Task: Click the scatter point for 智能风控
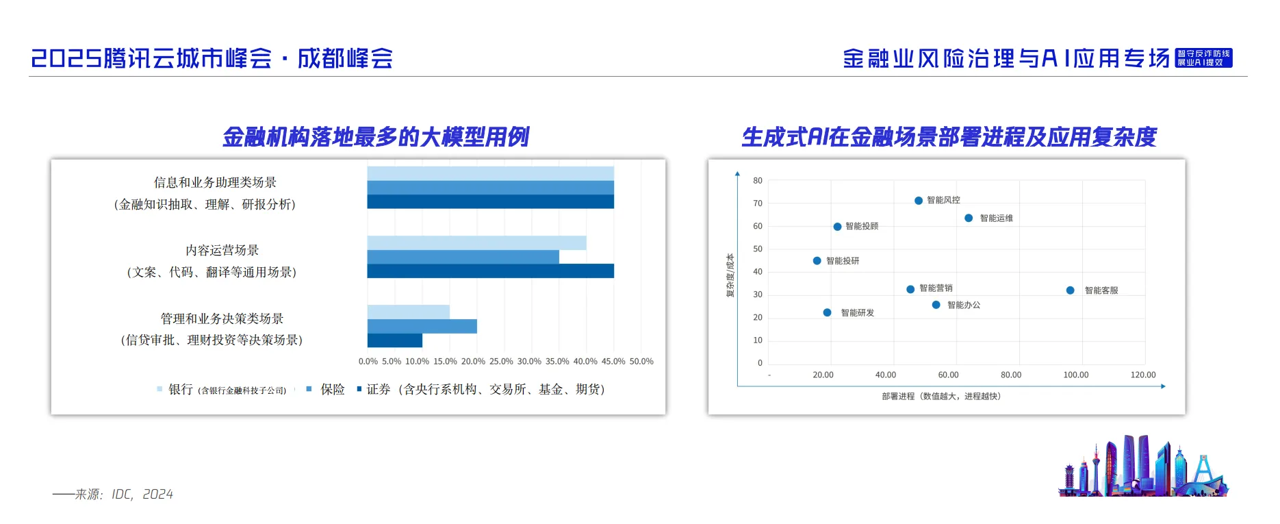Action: [919, 201]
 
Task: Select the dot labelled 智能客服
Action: [1070, 290]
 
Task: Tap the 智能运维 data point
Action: [969, 219]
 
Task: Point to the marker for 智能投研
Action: [817, 261]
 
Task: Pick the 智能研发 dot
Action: [827, 312]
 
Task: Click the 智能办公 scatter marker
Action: [936, 305]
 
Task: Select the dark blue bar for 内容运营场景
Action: [490, 271]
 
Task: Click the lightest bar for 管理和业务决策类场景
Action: [408, 312]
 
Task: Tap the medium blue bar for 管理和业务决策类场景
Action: [422, 326]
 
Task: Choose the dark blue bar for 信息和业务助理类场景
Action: [490, 202]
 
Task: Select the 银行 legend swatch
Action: [159, 390]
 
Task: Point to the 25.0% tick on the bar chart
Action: [501, 362]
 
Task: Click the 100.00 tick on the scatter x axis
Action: [1075, 375]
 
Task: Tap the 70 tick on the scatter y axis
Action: [758, 203]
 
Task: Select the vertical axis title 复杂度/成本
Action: [730, 275]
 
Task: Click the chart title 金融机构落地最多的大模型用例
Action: [376, 137]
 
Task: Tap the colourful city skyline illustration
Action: [1143, 467]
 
